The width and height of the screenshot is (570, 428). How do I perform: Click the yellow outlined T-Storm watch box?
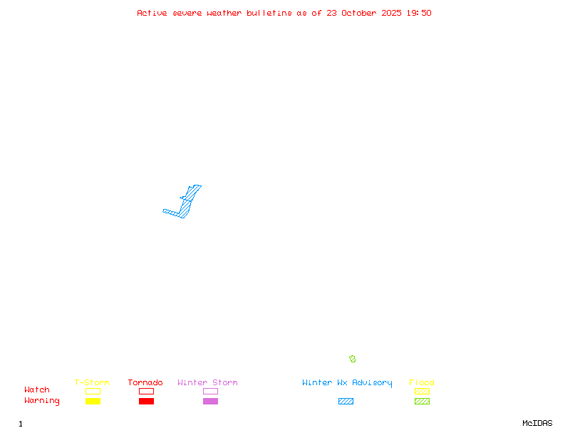click(x=93, y=391)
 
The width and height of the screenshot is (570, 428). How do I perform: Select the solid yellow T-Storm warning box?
click(x=93, y=401)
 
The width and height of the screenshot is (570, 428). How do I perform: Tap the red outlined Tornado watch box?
click(x=146, y=391)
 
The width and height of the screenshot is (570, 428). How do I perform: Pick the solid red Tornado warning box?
click(x=146, y=401)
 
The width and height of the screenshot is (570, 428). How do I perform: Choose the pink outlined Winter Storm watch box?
click(x=210, y=391)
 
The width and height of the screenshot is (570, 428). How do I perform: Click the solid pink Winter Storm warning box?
click(x=210, y=401)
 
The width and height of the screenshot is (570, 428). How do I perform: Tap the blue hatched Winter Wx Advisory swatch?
click(x=346, y=401)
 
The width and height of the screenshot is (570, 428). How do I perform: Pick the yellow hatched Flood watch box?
click(x=422, y=391)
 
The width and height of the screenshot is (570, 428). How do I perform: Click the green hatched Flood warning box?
click(x=422, y=401)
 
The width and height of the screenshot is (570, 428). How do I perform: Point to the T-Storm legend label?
click(x=92, y=382)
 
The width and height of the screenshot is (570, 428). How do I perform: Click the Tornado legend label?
click(x=145, y=382)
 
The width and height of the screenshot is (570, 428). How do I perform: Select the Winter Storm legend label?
click(x=207, y=382)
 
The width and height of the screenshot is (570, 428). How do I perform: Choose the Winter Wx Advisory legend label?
click(x=347, y=382)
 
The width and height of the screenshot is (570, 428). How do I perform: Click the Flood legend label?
click(x=422, y=382)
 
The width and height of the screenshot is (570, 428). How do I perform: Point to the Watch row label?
click(x=37, y=390)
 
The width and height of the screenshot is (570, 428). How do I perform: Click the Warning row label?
click(x=41, y=401)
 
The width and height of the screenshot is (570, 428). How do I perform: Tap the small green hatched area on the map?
click(x=352, y=359)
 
